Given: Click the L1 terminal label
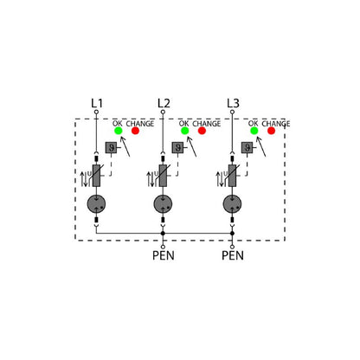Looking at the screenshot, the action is tap(97, 103).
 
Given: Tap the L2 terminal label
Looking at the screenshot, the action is tap(164, 103).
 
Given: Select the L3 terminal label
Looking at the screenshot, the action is tap(233, 103).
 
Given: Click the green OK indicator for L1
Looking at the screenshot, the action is tap(119, 131).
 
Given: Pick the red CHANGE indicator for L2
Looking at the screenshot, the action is tap(202, 131).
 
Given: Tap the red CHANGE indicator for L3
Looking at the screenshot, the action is tap(271, 131).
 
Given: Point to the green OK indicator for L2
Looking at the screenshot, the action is tap(184, 131).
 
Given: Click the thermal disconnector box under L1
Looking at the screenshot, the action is tap(111, 148).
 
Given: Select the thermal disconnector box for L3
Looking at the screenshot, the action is tap(247, 148).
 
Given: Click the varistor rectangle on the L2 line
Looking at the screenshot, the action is tap(163, 176).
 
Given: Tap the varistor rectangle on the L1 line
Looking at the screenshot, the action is tap(96, 176).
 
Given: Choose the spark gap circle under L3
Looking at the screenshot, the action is tap(232, 204).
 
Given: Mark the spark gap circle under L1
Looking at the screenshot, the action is tap(96, 204).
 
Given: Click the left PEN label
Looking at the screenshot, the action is tap(164, 255).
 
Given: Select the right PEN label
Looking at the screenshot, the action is tap(233, 255).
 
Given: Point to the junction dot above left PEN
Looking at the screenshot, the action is tap(163, 233).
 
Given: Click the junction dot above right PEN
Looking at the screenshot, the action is tap(232, 233).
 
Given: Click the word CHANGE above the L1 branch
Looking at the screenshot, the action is tap(140, 124).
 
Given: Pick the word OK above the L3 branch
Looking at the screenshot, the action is tap(254, 124).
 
